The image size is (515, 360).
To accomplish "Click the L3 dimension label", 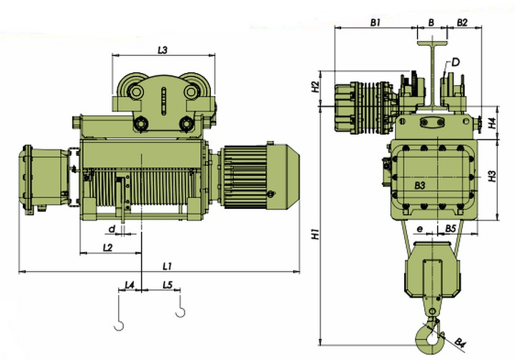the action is pyautogui.click(x=162, y=50).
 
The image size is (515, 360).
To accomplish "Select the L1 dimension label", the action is pyautogui.click(x=167, y=266).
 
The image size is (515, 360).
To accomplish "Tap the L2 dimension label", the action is pyautogui.click(x=108, y=248).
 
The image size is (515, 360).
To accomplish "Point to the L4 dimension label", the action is pyautogui.click(x=129, y=285).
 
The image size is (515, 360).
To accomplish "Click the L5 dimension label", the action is pyautogui.click(x=168, y=285).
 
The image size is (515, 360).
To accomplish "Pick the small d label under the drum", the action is pyautogui.click(x=112, y=229).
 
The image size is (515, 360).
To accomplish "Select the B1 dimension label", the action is pyautogui.click(x=375, y=22).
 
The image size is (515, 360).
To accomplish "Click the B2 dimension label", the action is pyautogui.click(x=462, y=22).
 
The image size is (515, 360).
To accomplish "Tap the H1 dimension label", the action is pyautogui.click(x=315, y=234).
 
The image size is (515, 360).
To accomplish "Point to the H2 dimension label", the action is pyautogui.click(x=315, y=87).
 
